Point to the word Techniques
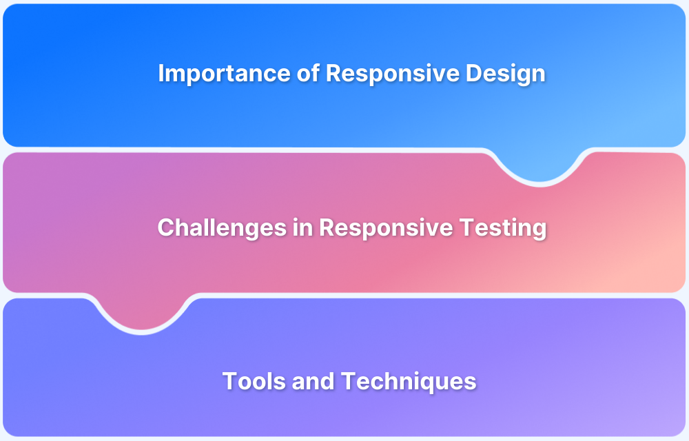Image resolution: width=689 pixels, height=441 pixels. point(409,382)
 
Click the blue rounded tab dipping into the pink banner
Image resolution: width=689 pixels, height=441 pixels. point(539,165)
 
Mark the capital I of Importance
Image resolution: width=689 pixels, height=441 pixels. point(161,73)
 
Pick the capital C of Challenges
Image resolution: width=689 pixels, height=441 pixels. point(165,227)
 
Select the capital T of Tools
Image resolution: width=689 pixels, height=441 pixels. point(229,381)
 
